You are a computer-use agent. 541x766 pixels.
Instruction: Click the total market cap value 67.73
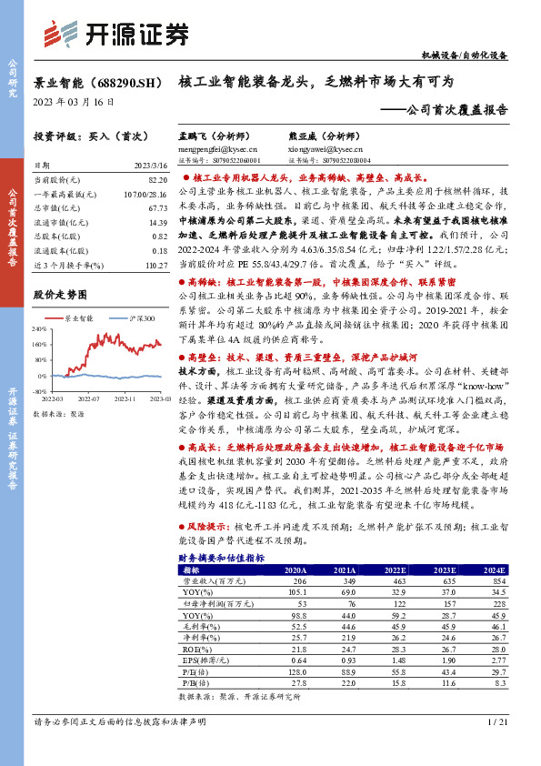[157, 208]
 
